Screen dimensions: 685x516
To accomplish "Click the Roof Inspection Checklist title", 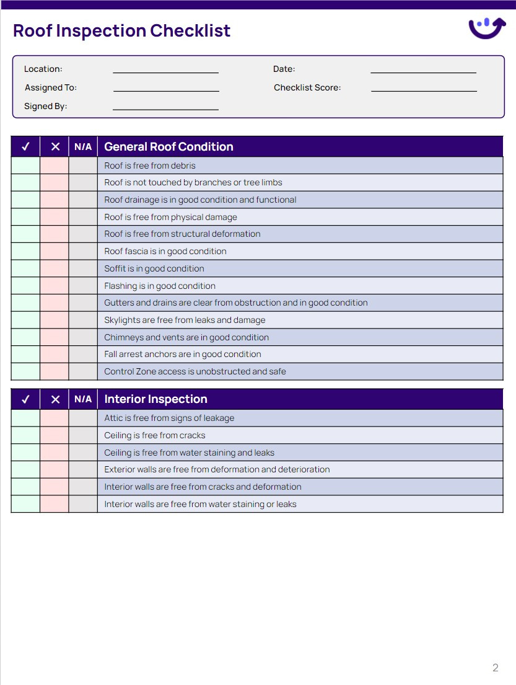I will (x=121, y=30).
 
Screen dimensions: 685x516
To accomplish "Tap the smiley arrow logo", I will (x=487, y=28).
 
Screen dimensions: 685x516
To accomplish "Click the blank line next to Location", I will (x=165, y=70).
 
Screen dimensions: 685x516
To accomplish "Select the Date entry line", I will (x=423, y=70).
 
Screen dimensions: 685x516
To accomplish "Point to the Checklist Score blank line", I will (x=424, y=89).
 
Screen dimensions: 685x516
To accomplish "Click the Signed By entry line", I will (x=165, y=107).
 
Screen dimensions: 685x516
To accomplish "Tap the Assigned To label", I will (x=51, y=88).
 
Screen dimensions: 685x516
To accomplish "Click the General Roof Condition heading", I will (x=168, y=147).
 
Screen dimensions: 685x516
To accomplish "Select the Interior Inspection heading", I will (x=155, y=399).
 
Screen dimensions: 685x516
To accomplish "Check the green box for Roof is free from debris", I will (x=25, y=166).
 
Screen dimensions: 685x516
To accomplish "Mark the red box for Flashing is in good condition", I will (x=55, y=286).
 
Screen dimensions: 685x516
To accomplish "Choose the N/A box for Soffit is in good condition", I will (x=83, y=268).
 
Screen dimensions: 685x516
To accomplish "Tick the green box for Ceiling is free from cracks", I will (x=25, y=435).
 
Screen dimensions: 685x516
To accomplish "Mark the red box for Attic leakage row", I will (x=55, y=418).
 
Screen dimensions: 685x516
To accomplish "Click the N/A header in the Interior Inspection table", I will (x=83, y=399).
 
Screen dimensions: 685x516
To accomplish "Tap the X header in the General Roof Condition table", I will (x=55, y=147).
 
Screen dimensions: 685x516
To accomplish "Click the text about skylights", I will (x=185, y=320).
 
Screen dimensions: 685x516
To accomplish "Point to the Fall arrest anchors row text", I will (x=182, y=354).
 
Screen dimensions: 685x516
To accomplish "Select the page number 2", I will (x=495, y=668).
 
